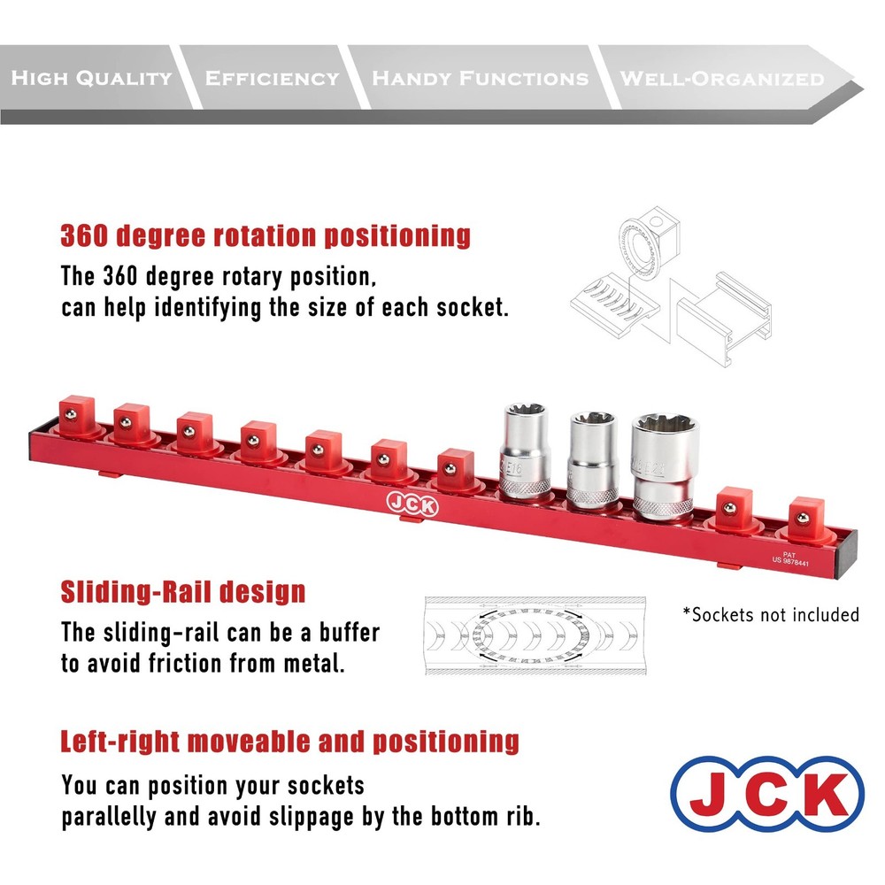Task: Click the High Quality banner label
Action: (91, 78)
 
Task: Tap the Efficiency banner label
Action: (272, 78)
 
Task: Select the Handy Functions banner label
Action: (480, 78)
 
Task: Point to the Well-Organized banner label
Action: (721, 78)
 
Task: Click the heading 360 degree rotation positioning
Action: (265, 236)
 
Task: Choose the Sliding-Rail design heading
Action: (182, 591)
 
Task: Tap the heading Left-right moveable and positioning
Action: (289, 740)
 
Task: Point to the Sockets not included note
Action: (770, 614)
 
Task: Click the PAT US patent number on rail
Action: (789, 557)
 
